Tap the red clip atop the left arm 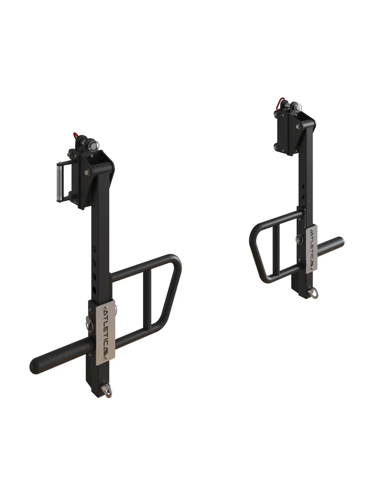[x=75, y=136]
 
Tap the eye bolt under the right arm [x=314, y=294]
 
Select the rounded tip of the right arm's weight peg [x=341, y=242]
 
